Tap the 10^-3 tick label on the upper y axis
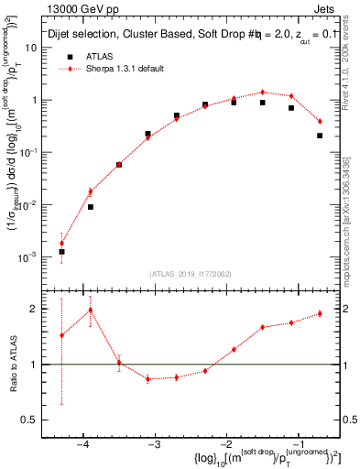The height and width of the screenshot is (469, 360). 34,257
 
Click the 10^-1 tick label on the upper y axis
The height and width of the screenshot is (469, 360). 34,152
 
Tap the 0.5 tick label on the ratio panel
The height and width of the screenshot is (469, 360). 36,420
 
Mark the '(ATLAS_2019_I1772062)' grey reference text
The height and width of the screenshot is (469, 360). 190,274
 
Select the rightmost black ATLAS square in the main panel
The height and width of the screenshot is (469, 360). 320,136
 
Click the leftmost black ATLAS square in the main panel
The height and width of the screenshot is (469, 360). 61,251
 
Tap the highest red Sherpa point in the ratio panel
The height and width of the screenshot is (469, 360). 90,310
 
